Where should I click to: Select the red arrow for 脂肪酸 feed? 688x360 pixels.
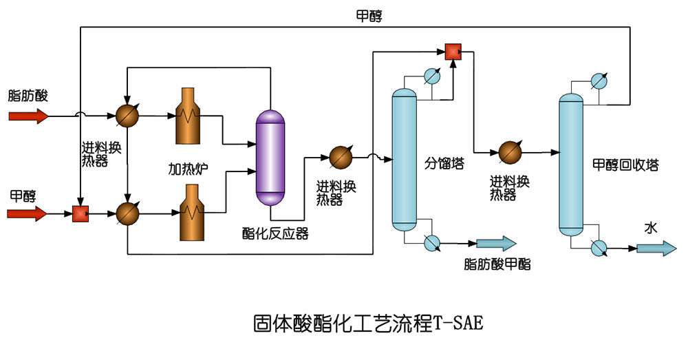(x=28, y=116)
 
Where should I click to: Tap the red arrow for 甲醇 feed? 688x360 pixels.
(x=28, y=214)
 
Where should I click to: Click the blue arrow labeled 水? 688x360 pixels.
(x=656, y=248)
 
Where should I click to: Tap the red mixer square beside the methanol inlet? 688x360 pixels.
(x=81, y=214)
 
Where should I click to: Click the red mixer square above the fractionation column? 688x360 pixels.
(x=453, y=52)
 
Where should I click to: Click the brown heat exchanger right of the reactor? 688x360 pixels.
(x=340, y=157)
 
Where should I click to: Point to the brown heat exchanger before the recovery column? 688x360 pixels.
(x=510, y=151)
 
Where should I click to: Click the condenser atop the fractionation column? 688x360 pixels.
(x=432, y=76)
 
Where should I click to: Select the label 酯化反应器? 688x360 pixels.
(x=275, y=233)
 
